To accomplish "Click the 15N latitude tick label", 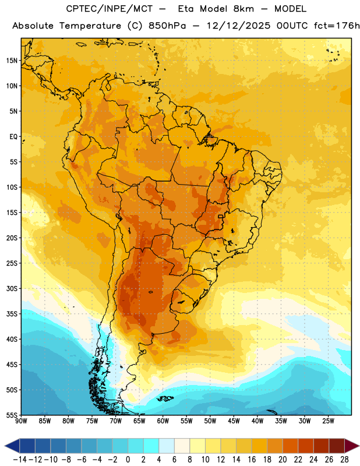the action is pyautogui.click(x=12, y=61).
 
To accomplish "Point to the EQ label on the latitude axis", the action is pyautogui.click(x=13, y=137).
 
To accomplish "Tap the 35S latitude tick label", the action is pyautogui.click(x=12, y=314).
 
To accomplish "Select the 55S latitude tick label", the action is pyautogui.click(x=12, y=415).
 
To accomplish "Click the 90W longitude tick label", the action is pyautogui.click(x=21, y=421).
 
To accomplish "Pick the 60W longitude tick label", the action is pyautogui.click(x=163, y=421).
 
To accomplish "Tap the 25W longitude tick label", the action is pyautogui.click(x=328, y=421).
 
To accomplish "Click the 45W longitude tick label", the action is pyautogui.click(x=234, y=421).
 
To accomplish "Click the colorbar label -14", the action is pyautogui.click(x=20, y=460).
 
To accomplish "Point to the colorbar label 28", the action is pyautogui.click(x=344, y=460).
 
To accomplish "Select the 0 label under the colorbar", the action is pyautogui.click(x=128, y=460).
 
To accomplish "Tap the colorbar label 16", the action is pyautogui.click(x=252, y=460).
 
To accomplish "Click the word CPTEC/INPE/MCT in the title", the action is pyautogui.click(x=110, y=9).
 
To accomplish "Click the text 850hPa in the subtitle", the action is pyautogui.click(x=167, y=26).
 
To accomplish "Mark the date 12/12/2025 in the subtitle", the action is pyautogui.click(x=238, y=26).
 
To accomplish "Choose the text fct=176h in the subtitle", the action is pyautogui.click(x=337, y=26).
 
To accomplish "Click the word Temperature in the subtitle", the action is pyautogui.click(x=90, y=26).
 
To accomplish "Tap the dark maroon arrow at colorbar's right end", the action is pyautogui.click(x=352, y=446).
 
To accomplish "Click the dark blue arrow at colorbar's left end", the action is pyautogui.click(x=12, y=446).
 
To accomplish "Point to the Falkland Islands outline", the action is pyautogui.click(x=165, y=398).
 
